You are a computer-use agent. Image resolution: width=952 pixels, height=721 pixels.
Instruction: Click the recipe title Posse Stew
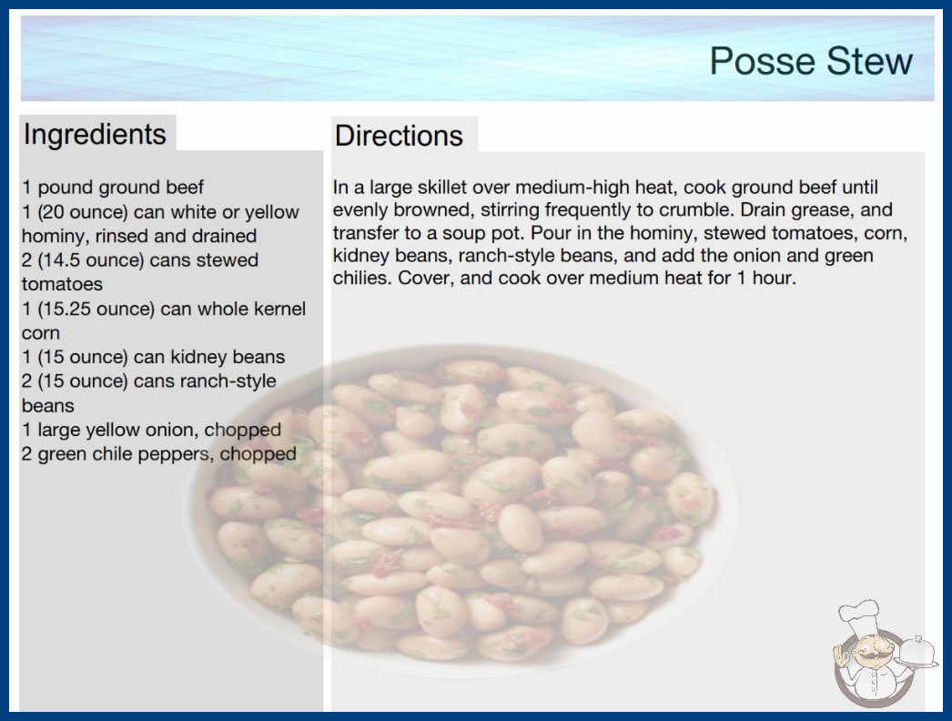point(811,61)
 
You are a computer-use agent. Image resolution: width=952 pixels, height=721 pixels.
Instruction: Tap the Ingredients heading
point(95,135)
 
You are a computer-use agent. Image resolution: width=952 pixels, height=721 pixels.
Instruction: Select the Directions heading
point(399,136)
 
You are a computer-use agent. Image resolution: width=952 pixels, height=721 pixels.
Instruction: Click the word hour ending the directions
point(774,279)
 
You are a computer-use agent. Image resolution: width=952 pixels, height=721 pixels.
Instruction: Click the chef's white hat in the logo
point(859,616)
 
